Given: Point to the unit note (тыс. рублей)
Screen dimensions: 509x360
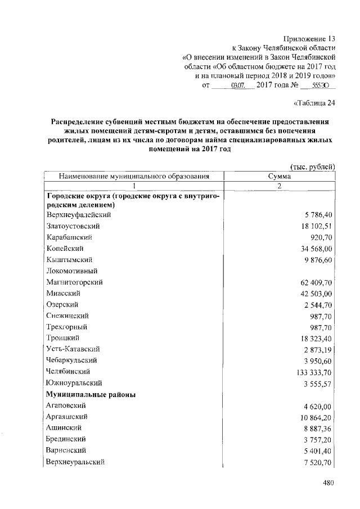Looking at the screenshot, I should pos(312,166).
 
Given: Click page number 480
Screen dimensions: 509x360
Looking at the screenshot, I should pos(329,482).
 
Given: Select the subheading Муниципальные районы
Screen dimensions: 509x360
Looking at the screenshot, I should pos(91,394).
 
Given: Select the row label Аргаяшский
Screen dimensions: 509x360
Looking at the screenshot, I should pos(70,417).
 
